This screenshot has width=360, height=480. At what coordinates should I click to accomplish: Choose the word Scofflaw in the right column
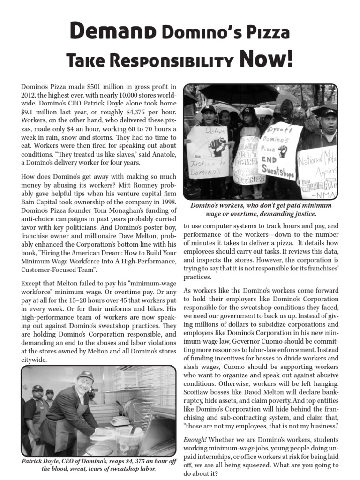[x=197, y=392]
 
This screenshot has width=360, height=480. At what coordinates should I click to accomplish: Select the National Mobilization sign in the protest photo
[x=319, y=171]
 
